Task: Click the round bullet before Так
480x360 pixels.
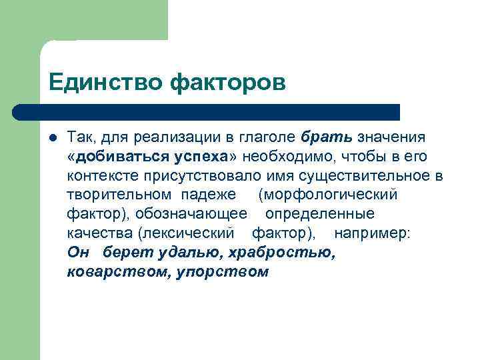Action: (x=53, y=137)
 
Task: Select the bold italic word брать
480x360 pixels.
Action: (x=327, y=137)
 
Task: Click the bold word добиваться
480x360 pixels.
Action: (x=114, y=156)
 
